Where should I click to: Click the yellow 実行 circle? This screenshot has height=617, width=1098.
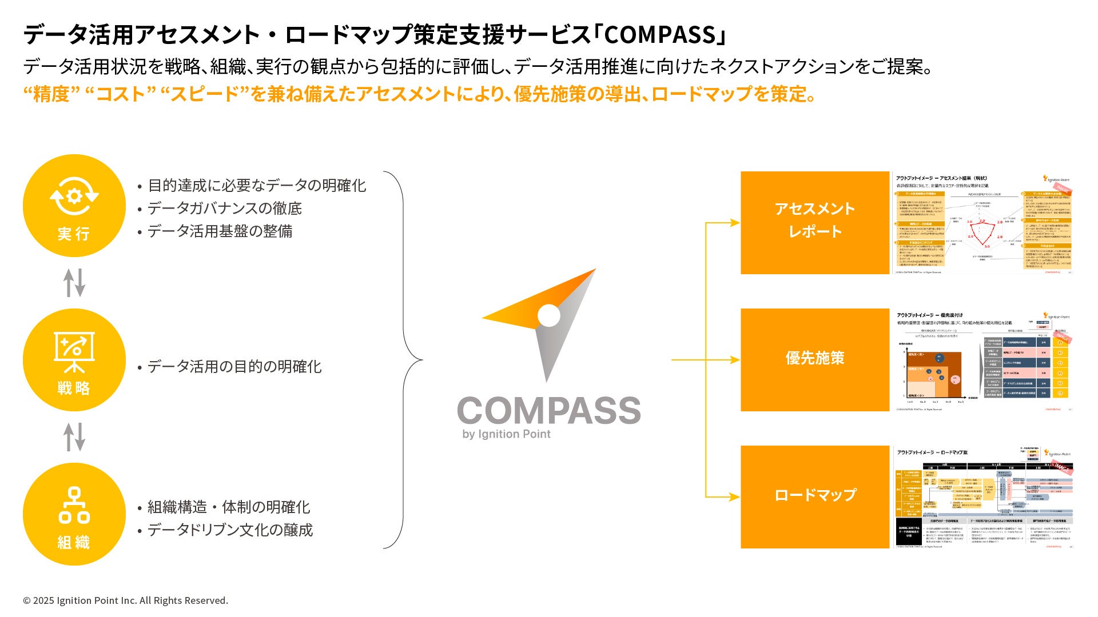(74, 206)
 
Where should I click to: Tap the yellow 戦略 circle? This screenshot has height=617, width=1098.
(74, 360)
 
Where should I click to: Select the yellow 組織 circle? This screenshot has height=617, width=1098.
(74, 514)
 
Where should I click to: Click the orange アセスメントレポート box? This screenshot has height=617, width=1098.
(815, 223)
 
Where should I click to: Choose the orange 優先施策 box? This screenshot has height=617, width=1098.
(815, 360)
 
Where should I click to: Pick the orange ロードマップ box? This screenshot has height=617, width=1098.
(815, 497)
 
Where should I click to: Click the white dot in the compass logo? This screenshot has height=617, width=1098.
(549, 315)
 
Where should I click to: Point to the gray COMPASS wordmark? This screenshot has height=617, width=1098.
(549, 410)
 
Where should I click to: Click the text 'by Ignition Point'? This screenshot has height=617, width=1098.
(506, 434)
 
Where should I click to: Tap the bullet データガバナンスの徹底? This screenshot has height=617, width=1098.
(224, 209)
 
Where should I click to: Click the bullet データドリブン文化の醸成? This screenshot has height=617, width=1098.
(230, 530)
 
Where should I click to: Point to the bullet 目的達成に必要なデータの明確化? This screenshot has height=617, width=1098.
(257, 186)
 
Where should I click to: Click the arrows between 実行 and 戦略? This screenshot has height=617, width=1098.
(74, 283)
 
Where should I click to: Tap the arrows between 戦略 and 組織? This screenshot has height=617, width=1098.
(74, 437)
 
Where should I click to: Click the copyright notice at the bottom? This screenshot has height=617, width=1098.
(125, 600)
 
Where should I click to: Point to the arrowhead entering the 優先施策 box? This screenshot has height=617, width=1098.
(735, 360)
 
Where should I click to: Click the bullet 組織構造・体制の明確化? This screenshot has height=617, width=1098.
(229, 507)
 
